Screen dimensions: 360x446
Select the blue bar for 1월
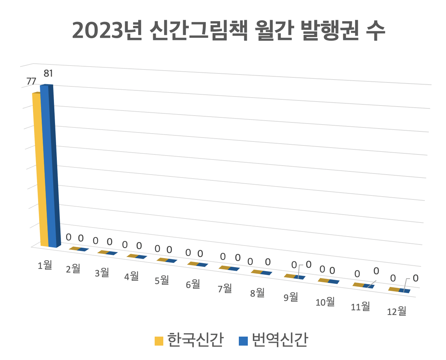pyautogui.click(x=48, y=166)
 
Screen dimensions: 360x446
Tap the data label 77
pyautogui.click(x=31, y=81)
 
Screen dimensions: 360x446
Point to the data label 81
pyautogui.click(x=48, y=73)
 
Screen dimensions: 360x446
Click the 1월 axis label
pyautogui.click(x=45, y=265)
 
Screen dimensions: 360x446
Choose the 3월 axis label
pyautogui.click(x=102, y=273)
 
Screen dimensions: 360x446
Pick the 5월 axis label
pyautogui.click(x=162, y=280)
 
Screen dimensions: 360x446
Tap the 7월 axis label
pyautogui.click(x=225, y=288)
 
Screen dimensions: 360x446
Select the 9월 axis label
pyautogui.click(x=291, y=297)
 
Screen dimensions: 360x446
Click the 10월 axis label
pyautogui.click(x=325, y=302)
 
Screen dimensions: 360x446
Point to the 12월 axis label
pyautogui.click(x=396, y=311)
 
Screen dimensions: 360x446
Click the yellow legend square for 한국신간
pyautogui.click(x=159, y=341)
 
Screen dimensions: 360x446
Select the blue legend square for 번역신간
pyautogui.click(x=243, y=341)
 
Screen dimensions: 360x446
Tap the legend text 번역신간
pyautogui.click(x=280, y=340)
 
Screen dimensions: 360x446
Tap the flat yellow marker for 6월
pyautogui.click(x=193, y=264)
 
